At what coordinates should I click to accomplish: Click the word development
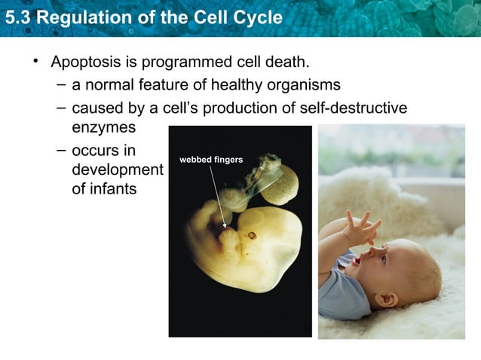point(116,169)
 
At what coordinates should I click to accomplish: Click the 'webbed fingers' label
point(210,160)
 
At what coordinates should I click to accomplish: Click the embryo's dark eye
point(251,235)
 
